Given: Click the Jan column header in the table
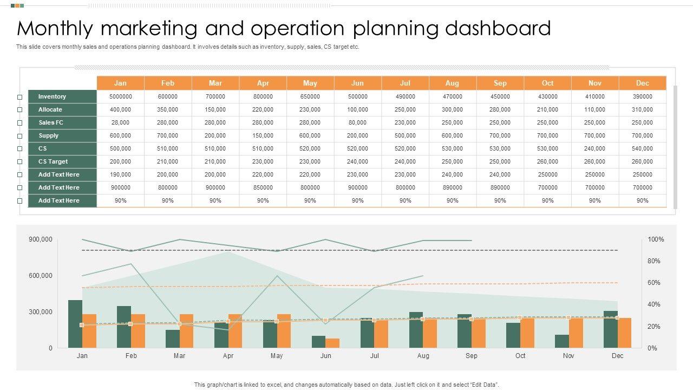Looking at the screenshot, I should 120,83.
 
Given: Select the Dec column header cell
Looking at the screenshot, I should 643,83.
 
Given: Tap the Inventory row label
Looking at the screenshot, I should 52,96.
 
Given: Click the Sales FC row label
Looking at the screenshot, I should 51,122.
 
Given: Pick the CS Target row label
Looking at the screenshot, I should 53,161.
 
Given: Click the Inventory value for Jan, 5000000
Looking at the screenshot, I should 120,96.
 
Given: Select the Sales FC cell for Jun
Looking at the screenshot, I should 357,122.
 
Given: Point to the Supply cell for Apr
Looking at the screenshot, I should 263,135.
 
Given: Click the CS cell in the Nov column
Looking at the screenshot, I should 594,148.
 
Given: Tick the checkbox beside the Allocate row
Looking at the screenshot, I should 20,110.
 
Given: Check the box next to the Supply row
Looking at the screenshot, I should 20,136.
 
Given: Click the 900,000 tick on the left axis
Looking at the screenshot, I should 41,239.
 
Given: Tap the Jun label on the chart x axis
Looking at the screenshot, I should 325,356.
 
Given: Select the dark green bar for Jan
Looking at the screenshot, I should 75,324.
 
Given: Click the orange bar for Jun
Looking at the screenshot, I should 332,343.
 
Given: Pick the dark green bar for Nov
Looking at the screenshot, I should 562,341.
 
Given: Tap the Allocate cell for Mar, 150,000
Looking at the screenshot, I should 215,109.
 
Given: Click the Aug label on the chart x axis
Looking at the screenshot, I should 423,356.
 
